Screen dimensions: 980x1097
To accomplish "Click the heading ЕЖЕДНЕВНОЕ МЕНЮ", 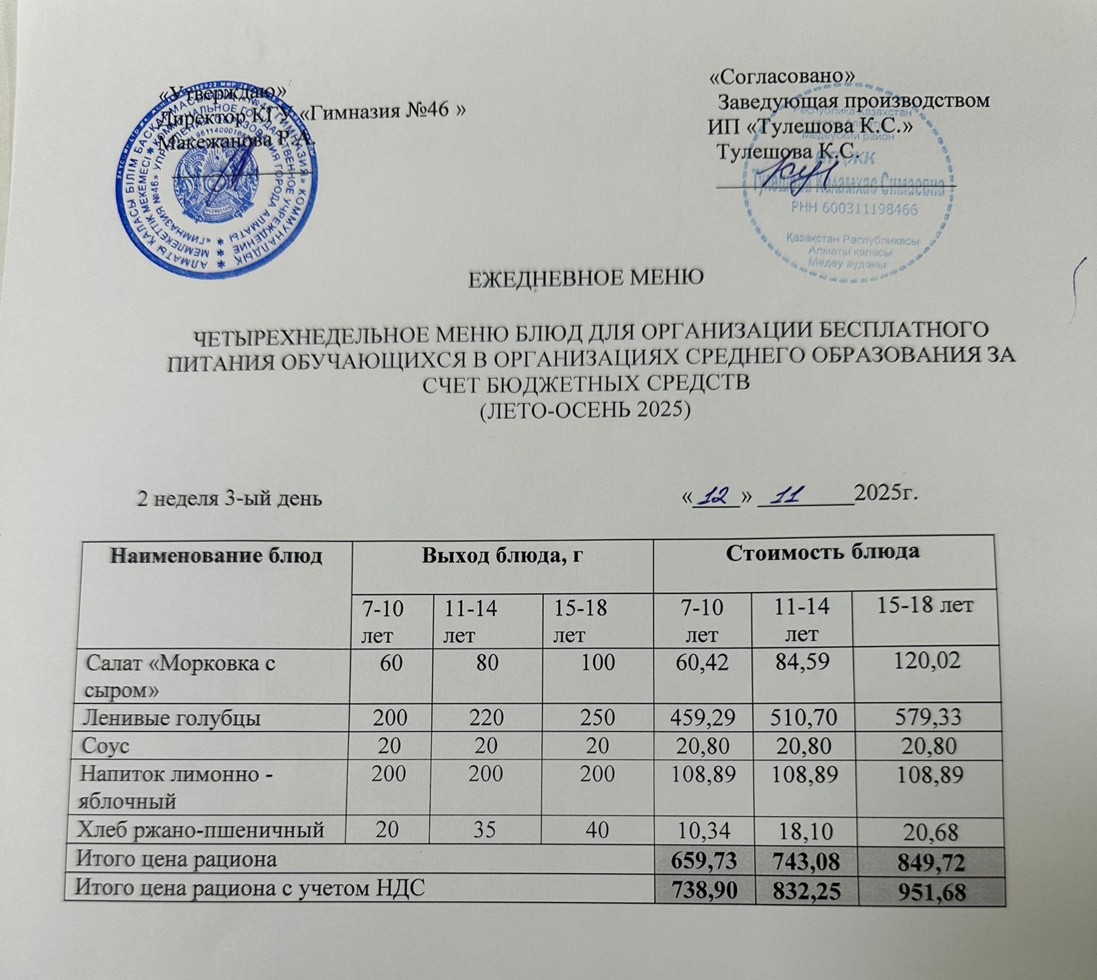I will [586, 278].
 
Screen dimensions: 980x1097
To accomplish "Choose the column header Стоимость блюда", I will [823, 552].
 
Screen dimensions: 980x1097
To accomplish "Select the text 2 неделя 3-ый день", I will [230, 499].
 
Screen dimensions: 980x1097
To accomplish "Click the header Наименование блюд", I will [216, 555].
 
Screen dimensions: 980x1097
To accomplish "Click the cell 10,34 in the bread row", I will [702, 831].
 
